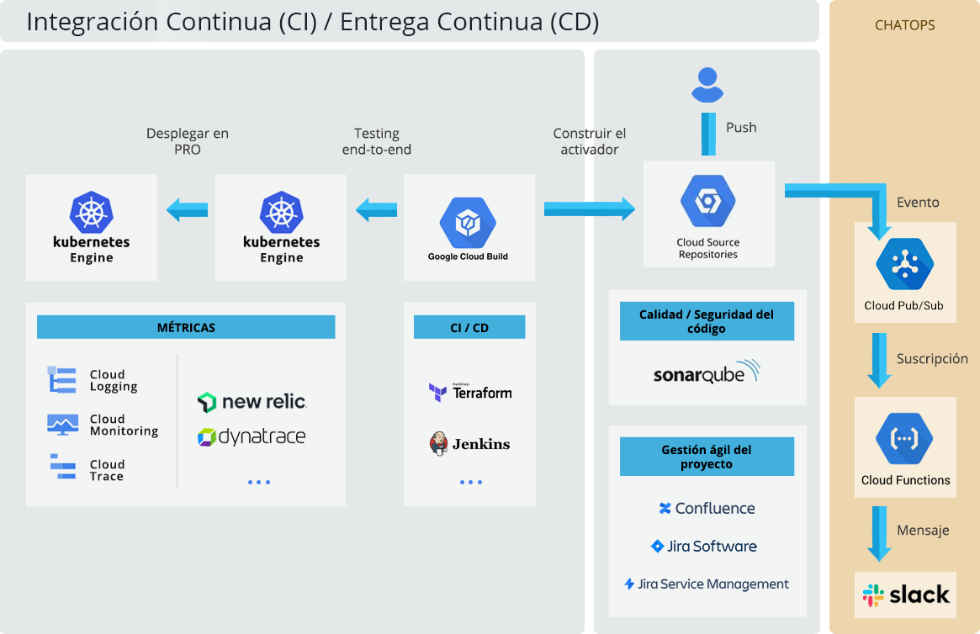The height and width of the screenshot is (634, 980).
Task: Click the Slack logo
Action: click(x=905, y=594)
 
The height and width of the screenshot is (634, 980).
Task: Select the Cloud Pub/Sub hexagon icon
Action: click(x=904, y=264)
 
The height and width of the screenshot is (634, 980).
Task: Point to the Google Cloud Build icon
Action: click(x=468, y=223)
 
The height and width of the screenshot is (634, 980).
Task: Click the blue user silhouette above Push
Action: click(x=707, y=85)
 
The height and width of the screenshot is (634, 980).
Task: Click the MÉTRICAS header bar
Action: click(x=186, y=327)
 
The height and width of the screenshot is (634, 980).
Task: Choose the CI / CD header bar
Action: click(x=469, y=327)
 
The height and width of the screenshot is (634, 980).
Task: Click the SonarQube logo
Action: click(x=707, y=372)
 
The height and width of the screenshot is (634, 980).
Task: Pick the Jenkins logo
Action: click(x=469, y=443)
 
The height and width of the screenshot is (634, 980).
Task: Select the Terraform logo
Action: click(x=469, y=392)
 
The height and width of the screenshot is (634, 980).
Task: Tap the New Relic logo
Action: click(x=252, y=402)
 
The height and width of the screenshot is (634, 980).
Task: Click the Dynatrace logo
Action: click(x=252, y=436)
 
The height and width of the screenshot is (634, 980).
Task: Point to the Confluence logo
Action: click(x=707, y=508)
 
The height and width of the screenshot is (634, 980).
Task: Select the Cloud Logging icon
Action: click(x=62, y=380)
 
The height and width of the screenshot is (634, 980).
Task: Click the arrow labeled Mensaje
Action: click(x=879, y=533)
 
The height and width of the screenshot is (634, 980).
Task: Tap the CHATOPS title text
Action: click(x=904, y=25)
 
